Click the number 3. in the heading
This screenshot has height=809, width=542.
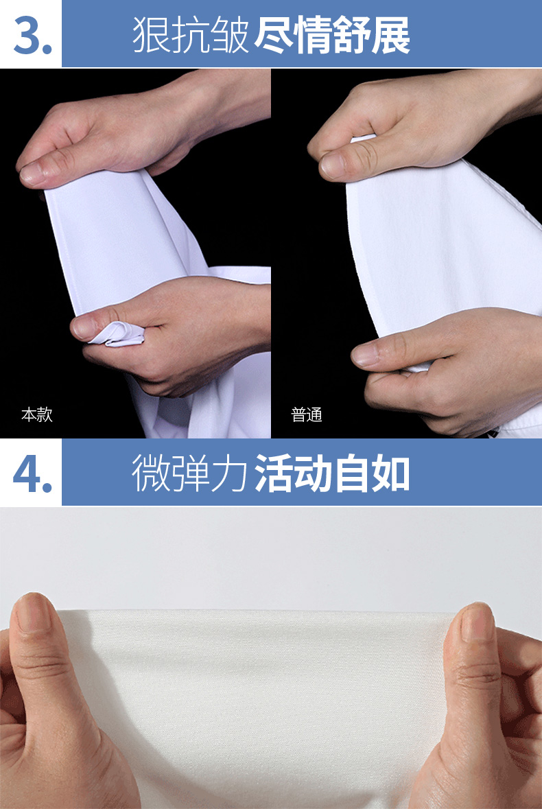coord(33,36)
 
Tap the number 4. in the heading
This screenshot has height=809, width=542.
coord(32,473)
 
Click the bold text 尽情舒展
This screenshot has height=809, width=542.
coord(332,36)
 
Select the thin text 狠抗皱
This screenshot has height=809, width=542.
coord(191,36)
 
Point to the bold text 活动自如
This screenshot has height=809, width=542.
coord(332,473)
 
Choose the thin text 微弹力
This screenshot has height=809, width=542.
coord(191,473)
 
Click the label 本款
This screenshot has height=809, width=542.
coord(36,414)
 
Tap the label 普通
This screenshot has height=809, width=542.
coord(306,414)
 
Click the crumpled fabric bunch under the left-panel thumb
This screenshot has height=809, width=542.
coord(117,333)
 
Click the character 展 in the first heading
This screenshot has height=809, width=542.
coord(391,36)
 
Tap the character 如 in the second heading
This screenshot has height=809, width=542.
coord(391,473)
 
